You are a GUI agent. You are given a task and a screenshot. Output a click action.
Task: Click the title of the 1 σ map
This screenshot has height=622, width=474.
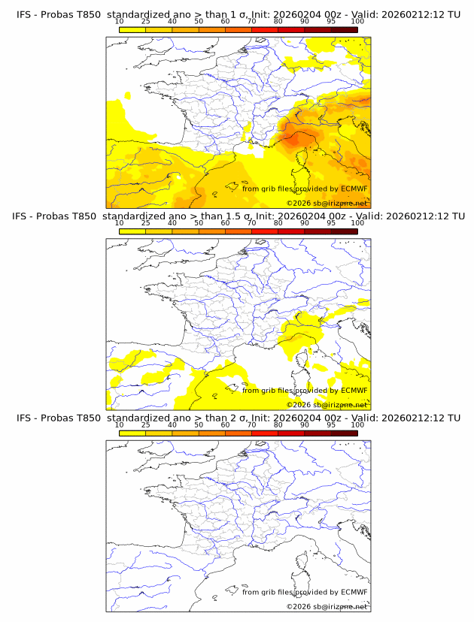click(x=238, y=14)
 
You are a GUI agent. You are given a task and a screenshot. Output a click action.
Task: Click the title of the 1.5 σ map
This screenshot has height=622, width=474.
click(x=238, y=216)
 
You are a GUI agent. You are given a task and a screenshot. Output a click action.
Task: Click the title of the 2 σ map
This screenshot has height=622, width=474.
click(x=238, y=418)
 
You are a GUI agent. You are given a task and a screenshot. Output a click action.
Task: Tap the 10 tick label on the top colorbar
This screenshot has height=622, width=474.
click(x=119, y=22)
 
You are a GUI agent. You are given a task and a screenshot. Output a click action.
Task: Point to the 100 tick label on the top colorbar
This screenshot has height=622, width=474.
click(x=357, y=22)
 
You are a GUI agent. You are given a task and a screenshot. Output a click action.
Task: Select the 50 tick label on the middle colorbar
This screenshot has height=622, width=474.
click(x=199, y=224)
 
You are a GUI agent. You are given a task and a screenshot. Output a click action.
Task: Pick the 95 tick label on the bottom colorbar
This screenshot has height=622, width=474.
click(x=331, y=425)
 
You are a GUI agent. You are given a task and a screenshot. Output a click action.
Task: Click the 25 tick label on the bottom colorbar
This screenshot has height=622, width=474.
click(x=145, y=425)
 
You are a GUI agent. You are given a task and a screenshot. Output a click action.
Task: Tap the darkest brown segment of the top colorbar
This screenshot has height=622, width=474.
click(x=344, y=29)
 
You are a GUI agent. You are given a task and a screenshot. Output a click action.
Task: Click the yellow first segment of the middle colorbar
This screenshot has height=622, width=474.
click(x=132, y=231)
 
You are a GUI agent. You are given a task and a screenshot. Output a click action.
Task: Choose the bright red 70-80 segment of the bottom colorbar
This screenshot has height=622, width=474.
click(x=264, y=433)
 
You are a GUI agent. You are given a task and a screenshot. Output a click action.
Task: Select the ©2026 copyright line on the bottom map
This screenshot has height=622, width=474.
click(x=327, y=606)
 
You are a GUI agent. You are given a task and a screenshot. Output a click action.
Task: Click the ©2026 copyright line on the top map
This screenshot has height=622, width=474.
click(x=327, y=203)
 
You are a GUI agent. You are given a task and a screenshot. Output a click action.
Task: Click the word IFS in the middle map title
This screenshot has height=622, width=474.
click(x=24, y=216)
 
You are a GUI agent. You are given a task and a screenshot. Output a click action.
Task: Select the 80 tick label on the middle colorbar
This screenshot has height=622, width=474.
click(x=278, y=224)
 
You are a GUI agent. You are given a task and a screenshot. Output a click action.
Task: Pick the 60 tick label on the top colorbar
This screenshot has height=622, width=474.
click(x=225, y=22)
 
